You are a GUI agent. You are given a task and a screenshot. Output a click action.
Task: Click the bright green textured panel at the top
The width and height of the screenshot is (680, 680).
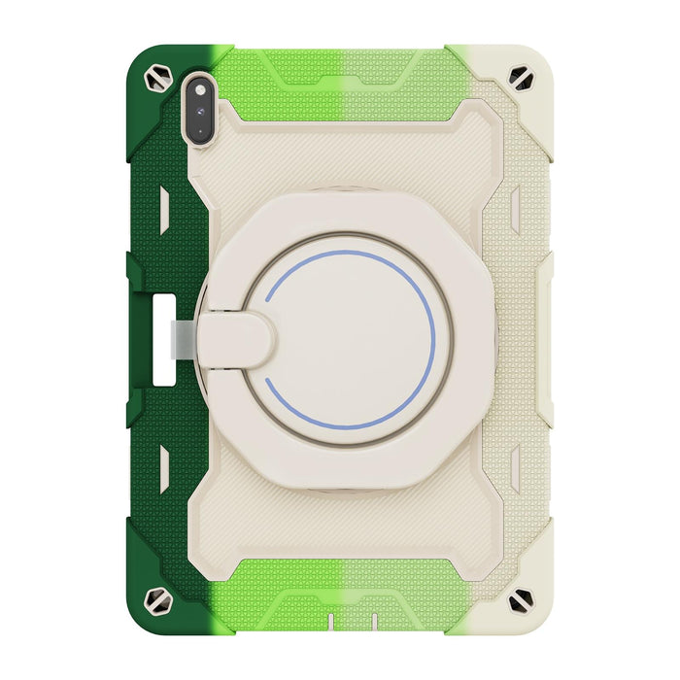point(291,83)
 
